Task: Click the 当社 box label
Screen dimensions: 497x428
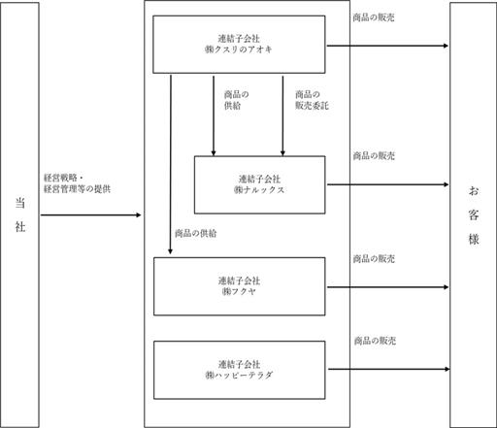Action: [x=20, y=214]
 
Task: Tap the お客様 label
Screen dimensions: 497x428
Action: [x=474, y=215]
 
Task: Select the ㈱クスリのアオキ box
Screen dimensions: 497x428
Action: [x=239, y=45]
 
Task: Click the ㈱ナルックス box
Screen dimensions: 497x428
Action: [x=259, y=184]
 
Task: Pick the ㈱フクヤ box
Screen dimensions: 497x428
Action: [x=240, y=286]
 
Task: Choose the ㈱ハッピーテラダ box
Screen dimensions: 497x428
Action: [x=240, y=370]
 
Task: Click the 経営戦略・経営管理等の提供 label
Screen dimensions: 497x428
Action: [x=77, y=183]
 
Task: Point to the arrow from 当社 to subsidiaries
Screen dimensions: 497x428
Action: [x=91, y=214]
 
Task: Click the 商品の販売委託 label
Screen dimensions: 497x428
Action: [x=312, y=100]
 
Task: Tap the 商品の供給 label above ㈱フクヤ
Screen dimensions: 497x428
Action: [x=196, y=233]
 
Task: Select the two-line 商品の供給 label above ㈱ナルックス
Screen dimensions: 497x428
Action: [x=237, y=100]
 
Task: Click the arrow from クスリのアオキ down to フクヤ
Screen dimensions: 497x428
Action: [x=171, y=165]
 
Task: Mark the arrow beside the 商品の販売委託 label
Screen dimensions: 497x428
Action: [x=282, y=115]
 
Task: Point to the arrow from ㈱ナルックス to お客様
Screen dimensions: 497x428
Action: [x=388, y=184]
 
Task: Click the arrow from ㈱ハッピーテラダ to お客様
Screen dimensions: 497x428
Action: [x=389, y=369]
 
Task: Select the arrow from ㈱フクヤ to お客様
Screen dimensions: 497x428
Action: [x=388, y=287]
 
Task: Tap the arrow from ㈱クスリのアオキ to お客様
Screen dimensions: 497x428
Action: [x=387, y=46]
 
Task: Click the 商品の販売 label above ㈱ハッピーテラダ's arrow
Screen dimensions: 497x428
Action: [x=375, y=341]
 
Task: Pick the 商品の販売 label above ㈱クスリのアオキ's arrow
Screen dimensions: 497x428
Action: [x=374, y=17]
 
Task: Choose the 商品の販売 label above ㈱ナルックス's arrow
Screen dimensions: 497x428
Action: [x=374, y=155]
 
